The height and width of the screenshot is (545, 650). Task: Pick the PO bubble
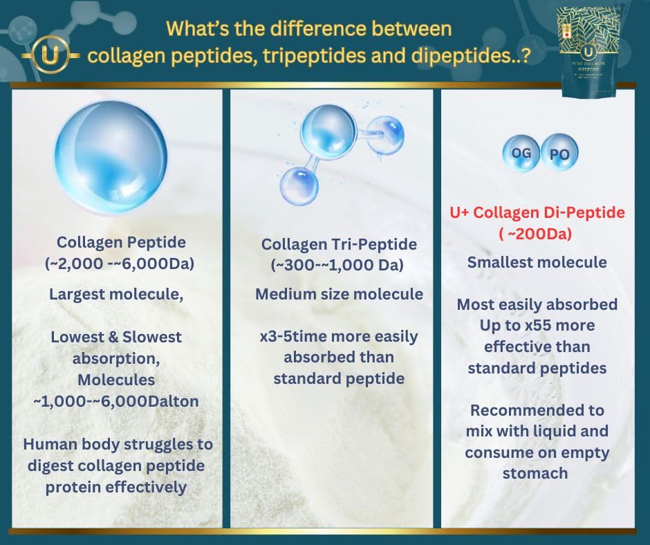(x=559, y=155)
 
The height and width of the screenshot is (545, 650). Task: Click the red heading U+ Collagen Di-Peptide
(x=537, y=213)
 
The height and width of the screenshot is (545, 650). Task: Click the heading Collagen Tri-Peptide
(x=339, y=244)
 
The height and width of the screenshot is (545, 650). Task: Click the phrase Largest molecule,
(x=115, y=294)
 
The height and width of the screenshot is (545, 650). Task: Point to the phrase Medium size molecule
(x=339, y=295)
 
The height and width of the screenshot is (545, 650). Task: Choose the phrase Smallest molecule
(x=537, y=263)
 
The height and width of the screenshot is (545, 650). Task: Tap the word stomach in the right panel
(x=537, y=473)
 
